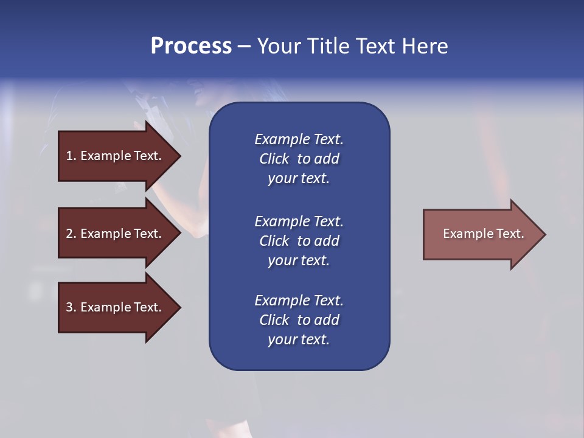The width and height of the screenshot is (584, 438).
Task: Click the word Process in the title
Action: click(191, 46)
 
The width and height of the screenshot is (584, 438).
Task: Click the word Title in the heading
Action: click(327, 46)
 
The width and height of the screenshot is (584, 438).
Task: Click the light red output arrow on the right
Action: click(481, 234)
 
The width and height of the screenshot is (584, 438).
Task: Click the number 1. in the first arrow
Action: click(71, 156)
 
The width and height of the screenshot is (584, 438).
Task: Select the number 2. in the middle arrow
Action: click(71, 234)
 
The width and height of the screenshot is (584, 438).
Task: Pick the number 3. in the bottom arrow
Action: click(71, 307)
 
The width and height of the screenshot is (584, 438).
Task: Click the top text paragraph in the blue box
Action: click(299, 159)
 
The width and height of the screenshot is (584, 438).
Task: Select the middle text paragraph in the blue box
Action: click(299, 241)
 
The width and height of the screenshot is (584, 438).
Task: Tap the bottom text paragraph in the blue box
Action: click(299, 320)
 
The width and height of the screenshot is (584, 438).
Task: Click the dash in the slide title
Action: click(244, 46)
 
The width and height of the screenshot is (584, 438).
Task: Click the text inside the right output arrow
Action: click(483, 234)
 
